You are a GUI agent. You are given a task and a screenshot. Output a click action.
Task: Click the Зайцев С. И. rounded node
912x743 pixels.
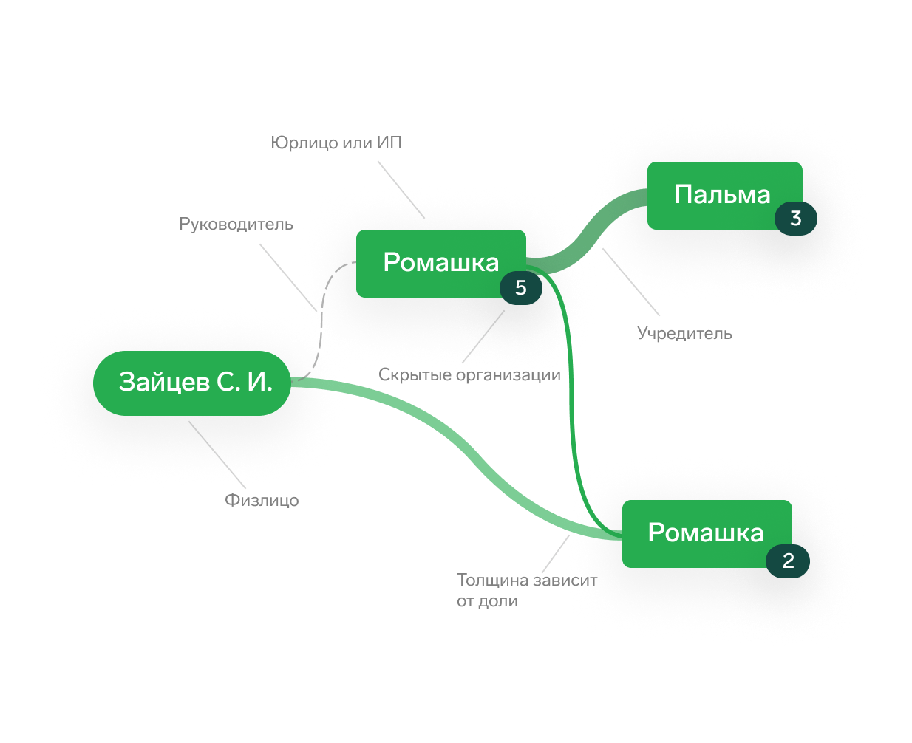pos(192,383)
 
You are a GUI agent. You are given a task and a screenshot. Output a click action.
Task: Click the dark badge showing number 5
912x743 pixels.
pos(521,288)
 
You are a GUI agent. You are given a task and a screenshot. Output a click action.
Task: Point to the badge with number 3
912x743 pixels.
pos(796,219)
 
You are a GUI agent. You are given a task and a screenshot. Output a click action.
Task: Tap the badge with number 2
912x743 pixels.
pos(788,561)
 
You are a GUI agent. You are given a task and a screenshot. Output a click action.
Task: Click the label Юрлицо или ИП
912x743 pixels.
pos(337,143)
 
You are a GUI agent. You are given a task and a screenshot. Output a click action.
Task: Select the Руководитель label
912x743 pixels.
pos(236,224)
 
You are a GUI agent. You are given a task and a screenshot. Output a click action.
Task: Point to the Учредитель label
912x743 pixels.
pos(685,333)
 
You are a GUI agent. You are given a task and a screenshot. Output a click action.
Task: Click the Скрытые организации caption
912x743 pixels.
pos(469,375)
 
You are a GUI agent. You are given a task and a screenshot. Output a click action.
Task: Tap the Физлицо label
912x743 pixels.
pos(262,501)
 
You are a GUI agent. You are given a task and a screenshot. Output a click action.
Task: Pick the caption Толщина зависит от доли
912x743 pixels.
pos(526,590)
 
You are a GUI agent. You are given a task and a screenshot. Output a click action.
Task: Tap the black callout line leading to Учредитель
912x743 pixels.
pos(632,284)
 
